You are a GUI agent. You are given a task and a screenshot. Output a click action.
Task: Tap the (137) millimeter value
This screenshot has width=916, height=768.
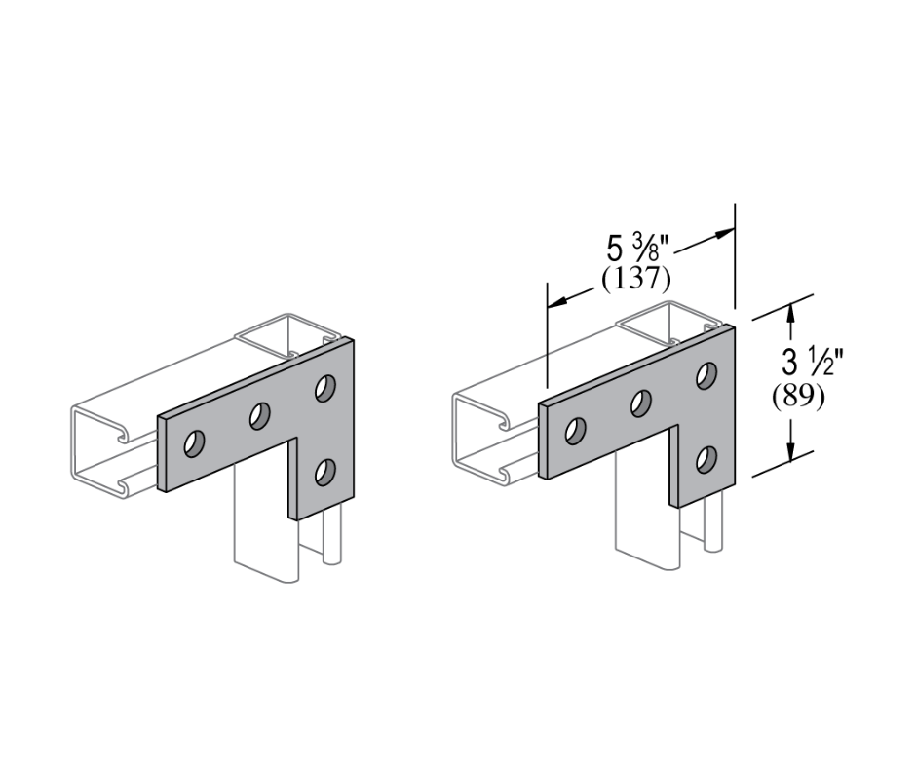635,280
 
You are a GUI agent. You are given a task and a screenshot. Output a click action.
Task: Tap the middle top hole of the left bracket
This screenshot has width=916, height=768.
259,417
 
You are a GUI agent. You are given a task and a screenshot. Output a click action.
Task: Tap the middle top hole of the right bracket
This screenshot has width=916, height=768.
641,403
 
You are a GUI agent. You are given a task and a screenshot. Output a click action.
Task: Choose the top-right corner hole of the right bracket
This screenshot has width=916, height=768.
706,375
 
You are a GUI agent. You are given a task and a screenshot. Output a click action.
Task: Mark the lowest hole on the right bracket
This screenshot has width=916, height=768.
706,458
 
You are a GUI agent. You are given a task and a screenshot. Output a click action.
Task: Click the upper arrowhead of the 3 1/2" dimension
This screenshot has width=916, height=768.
791,313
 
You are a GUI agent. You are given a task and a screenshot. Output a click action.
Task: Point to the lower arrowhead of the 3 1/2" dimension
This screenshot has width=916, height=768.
791,449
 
